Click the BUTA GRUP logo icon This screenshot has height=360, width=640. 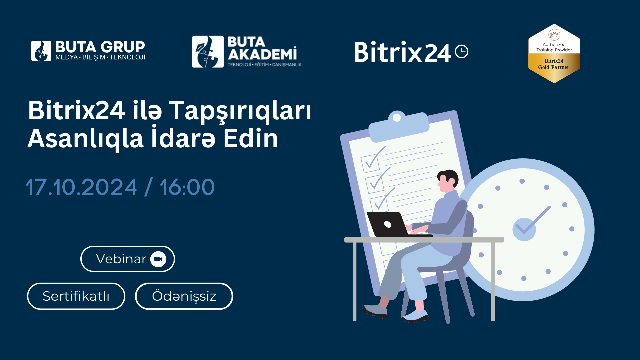tap(41, 51)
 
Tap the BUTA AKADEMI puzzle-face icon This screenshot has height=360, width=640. tap(208, 52)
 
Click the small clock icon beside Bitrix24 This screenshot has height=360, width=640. tap(462, 51)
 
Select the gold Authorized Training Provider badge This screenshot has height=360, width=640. tap(554, 53)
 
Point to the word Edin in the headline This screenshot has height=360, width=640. tap(251, 139)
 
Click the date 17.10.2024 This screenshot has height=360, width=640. tap(81, 187)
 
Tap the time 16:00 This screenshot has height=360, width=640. tap(187, 187)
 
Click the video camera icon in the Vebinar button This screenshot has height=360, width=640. tap(158, 259)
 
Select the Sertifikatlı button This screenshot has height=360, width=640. tap(76, 296)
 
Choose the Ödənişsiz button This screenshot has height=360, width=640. tap(184, 296)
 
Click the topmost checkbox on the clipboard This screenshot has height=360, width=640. tap(370, 163)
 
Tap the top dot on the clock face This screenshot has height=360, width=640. tap(522, 181)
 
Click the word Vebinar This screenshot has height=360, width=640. tap(121, 259)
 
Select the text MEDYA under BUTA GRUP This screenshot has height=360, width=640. tap(67, 57)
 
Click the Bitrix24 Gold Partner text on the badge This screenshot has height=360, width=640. tap(554, 64)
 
